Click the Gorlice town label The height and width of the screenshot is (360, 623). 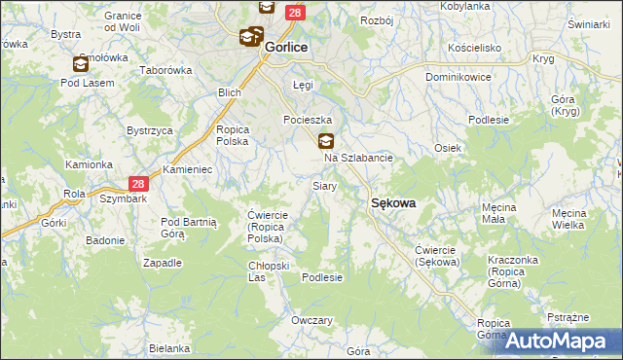click(x=286, y=46)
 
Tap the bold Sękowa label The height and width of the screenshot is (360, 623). click(x=393, y=202)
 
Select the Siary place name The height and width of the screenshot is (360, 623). click(x=324, y=185)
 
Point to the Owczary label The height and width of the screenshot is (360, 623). click(x=312, y=320)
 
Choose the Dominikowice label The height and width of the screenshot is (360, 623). click(x=458, y=76)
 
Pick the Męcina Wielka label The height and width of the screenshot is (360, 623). click(x=581, y=219)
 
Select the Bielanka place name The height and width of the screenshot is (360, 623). click(x=169, y=348)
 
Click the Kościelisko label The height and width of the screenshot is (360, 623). click(x=475, y=47)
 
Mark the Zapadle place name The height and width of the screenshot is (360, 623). click(x=163, y=263)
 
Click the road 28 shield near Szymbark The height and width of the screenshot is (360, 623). click(x=139, y=183)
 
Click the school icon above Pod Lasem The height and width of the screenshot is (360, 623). click(x=80, y=64)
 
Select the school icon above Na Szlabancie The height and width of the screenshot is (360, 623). click(x=326, y=140)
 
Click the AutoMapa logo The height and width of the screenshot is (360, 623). click(x=561, y=340)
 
